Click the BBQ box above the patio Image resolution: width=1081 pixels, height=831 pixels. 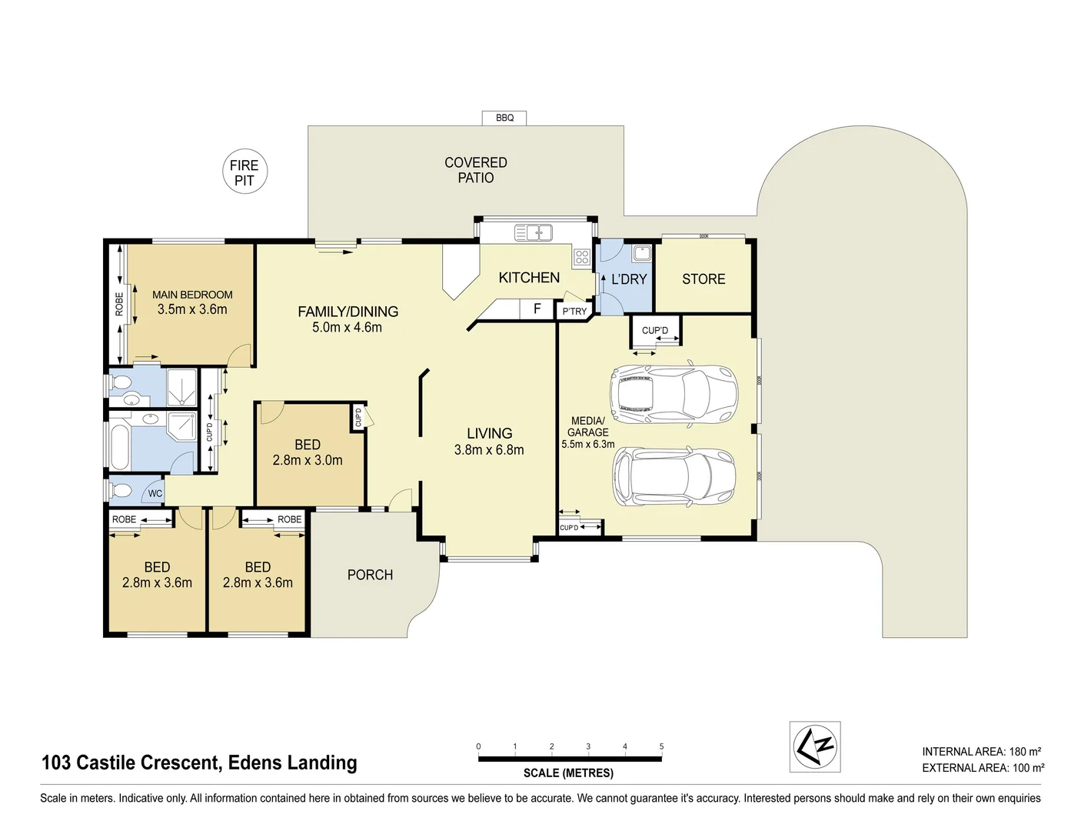pyautogui.click(x=504, y=118)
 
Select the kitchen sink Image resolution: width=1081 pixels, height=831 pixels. pyautogui.click(x=534, y=232)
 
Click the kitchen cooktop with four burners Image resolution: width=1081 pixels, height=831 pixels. pyautogui.click(x=582, y=257)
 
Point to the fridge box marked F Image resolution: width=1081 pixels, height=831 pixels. pyautogui.click(x=537, y=309)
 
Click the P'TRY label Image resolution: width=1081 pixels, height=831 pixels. pyautogui.click(x=574, y=312)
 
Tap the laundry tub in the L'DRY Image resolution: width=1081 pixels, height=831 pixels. pyautogui.click(x=641, y=253)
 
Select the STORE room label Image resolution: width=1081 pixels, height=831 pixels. pyautogui.click(x=703, y=279)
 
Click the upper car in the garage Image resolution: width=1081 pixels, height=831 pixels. pyautogui.click(x=674, y=393)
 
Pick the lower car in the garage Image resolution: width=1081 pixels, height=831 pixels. pyautogui.click(x=674, y=476)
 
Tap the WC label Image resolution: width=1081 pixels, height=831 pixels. pyautogui.click(x=155, y=494)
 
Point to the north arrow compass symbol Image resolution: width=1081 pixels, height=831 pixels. pyautogui.click(x=815, y=747)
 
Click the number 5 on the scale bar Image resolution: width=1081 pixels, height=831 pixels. pyautogui.click(x=661, y=746)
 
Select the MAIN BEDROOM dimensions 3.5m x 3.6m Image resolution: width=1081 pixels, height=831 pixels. pyautogui.click(x=192, y=309)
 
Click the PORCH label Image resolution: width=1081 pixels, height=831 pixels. pyautogui.click(x=370, y=575)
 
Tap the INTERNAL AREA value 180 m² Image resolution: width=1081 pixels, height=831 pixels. pyautogui.click(x=1026, y=752)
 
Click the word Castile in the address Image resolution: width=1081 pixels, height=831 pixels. pyautogui.click(x=106, y=763)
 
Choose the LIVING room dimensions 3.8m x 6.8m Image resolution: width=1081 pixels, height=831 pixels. pyautogui.click(x=488, y=450)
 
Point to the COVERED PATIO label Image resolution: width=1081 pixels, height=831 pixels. pyautogui.click(x=476, y=170)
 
